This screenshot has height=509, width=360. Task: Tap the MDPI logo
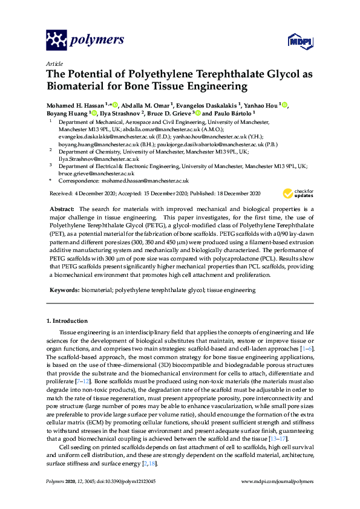pos(299,41)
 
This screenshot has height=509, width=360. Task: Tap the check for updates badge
pos(298,193)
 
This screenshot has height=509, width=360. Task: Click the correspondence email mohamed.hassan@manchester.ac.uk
pos(143,180)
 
